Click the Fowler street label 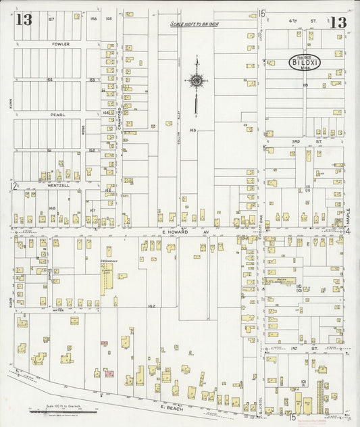tap(61, 43)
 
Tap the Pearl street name tap(57, 115)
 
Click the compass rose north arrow tap(197, 83)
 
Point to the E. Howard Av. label tap(178, 231)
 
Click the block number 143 tap(192, 129)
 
